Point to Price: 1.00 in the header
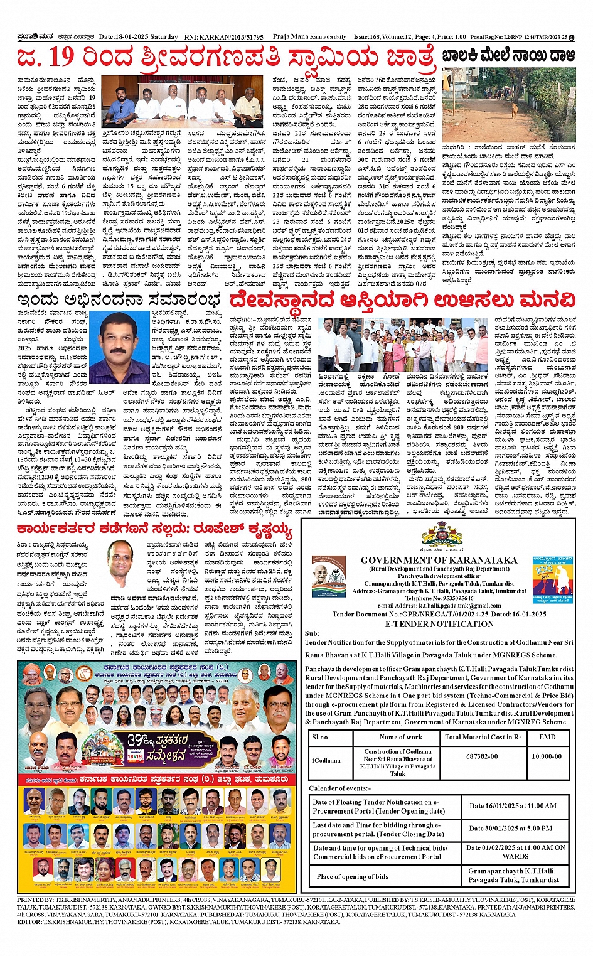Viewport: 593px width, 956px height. [x=451, y=37]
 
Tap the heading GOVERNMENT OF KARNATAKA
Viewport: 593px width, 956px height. [x=439, y=560]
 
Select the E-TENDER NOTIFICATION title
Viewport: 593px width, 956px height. [x=439, y=624]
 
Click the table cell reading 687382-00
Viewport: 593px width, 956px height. [x=482, y=756]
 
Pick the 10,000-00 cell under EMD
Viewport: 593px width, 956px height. [x=547, y=756]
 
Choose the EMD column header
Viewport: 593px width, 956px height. [x=547, y=737]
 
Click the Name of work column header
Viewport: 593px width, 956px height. [x=400, y=737]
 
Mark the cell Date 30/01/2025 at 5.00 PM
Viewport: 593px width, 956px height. [x=511, y=829]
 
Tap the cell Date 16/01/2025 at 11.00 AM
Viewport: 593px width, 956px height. [x=512, y=806]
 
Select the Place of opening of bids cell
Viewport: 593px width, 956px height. [x=352, y=876]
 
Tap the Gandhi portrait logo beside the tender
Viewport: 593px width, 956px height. [x=328, y=574]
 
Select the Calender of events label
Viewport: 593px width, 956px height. [x=339, y=788]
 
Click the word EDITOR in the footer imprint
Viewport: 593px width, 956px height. [x=29, y=922]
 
